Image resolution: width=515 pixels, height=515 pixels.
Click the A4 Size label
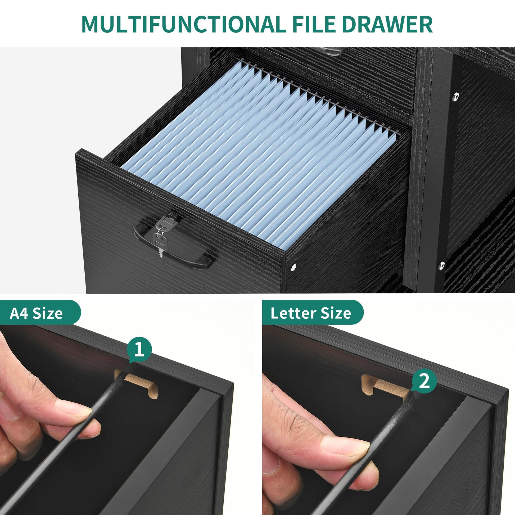tap(36, 314)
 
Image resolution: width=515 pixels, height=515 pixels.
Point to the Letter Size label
tap(311, 314)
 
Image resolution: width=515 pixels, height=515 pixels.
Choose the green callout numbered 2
tap(424, 381)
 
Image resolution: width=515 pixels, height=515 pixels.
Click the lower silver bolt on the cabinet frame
tap(442, 265)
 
